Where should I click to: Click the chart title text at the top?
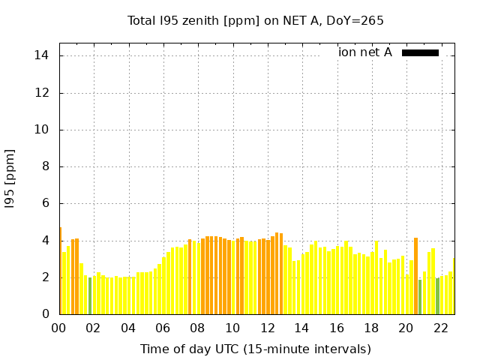[x=256, y=21]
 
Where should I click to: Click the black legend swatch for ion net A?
[x=420, y=52]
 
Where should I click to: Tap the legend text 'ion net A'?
[x=365, y=52]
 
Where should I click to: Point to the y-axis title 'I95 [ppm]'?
[x=10, y=178]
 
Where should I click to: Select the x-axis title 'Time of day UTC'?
[x=256, y=349]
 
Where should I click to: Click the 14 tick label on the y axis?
[x=41, y=55]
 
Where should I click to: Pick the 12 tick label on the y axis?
[x=41, y=93]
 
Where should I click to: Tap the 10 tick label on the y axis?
[x=41, y=130]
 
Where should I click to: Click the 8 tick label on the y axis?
[x=45, y=166]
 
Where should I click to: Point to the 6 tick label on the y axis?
[x=45, y=203]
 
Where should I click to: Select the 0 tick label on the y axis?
[x=45, y=314]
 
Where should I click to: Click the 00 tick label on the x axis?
[x=59, y=328]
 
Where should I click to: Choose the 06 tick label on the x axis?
[x=163, y=328]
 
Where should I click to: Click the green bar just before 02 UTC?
[x=90, y=296]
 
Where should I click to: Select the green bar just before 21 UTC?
[x=420, y=297]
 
